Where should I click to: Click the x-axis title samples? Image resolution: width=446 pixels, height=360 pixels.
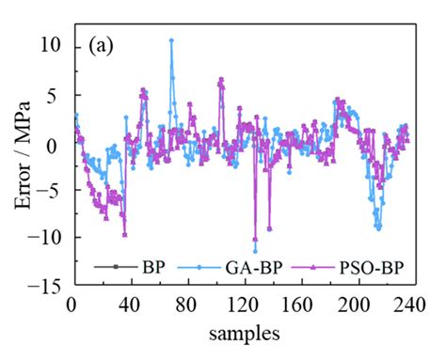point(242,333)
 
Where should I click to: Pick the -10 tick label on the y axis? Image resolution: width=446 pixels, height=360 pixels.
point(47,239)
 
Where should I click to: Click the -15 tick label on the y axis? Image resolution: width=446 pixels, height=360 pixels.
point(47,288)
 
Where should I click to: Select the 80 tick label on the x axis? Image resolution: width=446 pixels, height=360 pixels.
point(185,306)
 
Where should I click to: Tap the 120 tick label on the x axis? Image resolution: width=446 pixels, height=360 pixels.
point(242,306)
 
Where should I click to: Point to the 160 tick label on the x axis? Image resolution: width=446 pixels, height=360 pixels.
point(298,306)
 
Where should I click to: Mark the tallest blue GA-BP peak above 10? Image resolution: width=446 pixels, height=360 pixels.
point(171,40)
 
